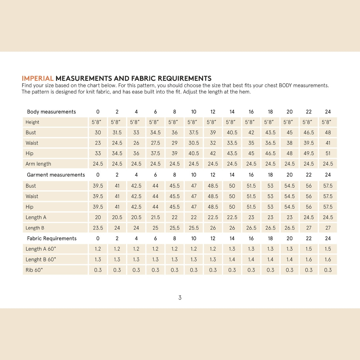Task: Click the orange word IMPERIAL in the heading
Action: (x=38, y=79)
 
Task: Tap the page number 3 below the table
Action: (x=180, y=298)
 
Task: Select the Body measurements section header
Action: (x=51, y=112)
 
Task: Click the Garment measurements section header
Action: (x=56, y=175)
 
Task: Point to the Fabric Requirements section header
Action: (x=52, y=238)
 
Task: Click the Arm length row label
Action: (x=38, y=164)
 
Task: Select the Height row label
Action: (x=32, y=122)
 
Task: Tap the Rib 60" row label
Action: (x=34, y=270)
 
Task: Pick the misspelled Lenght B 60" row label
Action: (x=41, y=259)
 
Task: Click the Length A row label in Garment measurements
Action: (x=36, y=217)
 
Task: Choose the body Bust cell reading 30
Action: (x=98, y=133)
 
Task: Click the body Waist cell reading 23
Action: (x=98, y=143)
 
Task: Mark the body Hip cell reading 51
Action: (x=328, y=154)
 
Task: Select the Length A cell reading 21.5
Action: (x=155, y=217)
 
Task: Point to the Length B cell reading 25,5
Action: (x=175, y=228)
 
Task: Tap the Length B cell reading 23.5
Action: (x=98, y=228)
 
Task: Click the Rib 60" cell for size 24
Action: (x=328, y=270)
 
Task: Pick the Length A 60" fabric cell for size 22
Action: (x=309, y=249)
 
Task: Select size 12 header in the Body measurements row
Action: (x=213, y=112)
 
